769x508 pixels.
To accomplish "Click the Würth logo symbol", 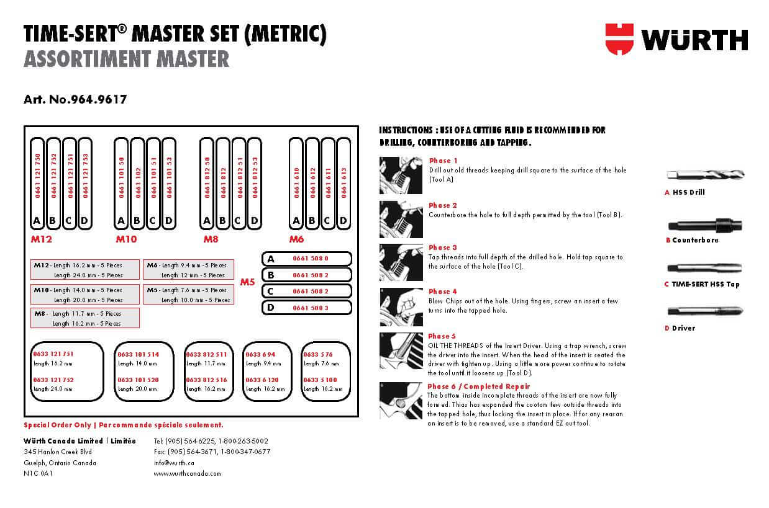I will click(x=619, y=38).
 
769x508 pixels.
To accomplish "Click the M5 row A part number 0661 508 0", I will click(x=310, y=259).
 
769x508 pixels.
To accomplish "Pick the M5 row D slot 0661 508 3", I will click(x=310, y=307).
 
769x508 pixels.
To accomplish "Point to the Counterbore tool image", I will click(x=704, y=225).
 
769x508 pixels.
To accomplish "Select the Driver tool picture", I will click(x=704, y=311).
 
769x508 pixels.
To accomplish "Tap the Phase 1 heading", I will click(x=443, y=161).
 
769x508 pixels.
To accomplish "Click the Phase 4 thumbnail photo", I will click(x=401, y=307).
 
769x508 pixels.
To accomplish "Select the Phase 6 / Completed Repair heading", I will click(x=478, y=386).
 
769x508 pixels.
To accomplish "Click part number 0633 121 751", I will click(x=53, y=354).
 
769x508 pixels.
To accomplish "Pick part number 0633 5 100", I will click(x=321, y=380).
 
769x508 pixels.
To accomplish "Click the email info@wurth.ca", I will click(x=174, y=462).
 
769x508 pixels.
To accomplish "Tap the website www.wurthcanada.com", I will click(x=187, y=473).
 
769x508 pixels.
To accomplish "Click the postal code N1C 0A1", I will click(x=38, y=473).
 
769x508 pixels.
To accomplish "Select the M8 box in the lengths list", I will click(x=85, y=318).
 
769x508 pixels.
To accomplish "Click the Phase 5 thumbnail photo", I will click(x=401, y=350).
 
